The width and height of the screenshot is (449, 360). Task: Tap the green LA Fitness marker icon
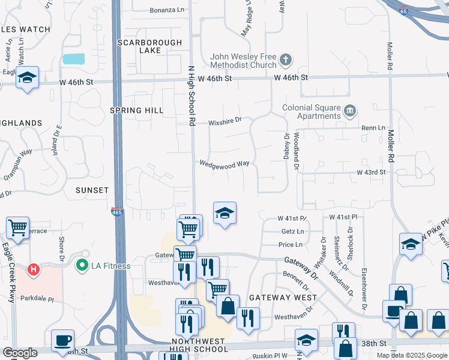[81, 264]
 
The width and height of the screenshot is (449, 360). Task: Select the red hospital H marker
[34, 269]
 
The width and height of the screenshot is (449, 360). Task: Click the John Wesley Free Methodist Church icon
[286, 60]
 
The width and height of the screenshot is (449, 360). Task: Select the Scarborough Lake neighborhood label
[140, 46]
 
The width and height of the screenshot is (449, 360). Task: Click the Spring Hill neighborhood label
[137, 110]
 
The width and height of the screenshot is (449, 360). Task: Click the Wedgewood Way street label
[224, 164]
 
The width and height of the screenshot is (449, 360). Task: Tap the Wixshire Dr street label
[224, 121]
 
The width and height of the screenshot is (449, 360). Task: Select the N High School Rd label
[192, 87]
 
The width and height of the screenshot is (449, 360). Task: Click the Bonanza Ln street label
[167, 10]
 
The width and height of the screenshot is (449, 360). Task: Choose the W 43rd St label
[370, 172]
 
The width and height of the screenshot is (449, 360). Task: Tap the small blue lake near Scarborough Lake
[73, 59]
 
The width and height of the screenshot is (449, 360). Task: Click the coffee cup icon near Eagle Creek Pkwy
[62, 340]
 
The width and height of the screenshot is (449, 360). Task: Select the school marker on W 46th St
[27, 78]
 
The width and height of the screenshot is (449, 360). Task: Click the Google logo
[20, 353]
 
